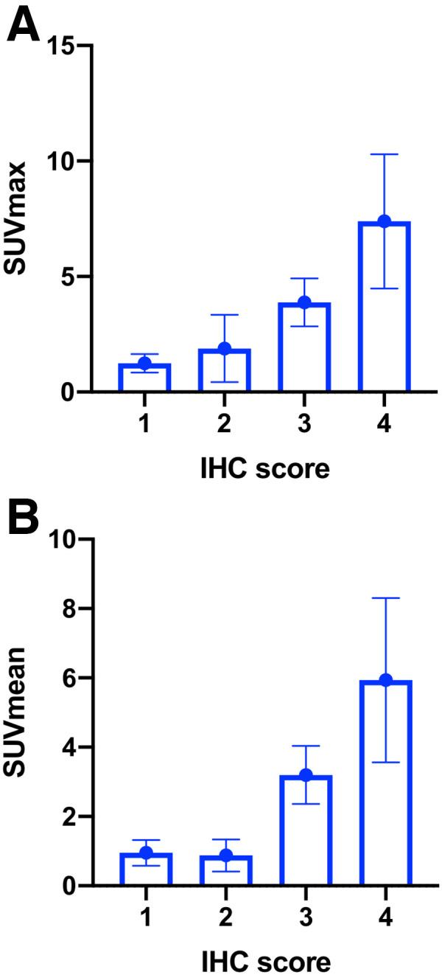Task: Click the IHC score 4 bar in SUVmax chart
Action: (384, 310)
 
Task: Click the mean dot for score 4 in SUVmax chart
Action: (384, 221)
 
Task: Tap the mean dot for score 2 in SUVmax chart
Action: (225, 349)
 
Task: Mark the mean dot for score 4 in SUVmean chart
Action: (384, 680)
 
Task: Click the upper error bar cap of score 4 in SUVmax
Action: (384, 154)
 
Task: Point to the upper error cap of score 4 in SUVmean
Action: (384, 598)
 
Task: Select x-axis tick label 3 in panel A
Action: (305, 426)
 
